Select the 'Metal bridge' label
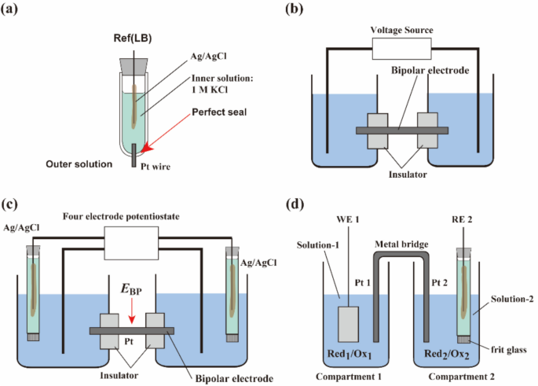[x=403, y=244]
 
